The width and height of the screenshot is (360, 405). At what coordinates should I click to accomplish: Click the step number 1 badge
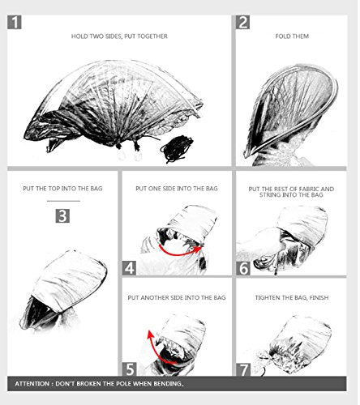pyautogui.click(x=15, y=22)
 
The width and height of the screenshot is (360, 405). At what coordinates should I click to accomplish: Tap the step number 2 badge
pyautogui.click(x=242, y=22)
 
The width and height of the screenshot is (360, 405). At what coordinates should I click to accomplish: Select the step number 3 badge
pyautogui.click(x=62, y=216)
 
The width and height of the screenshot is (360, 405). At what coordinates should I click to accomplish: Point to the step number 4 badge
pyautogui.click(x=129, y=268)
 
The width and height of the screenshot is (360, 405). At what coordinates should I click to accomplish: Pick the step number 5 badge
pyautogui.click(x=130, y=369)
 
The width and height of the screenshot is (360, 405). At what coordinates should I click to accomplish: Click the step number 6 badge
pyautogui.click(x=243, y=268)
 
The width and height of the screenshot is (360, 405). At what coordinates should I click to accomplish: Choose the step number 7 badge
pyautogui.click(x=243, y=369)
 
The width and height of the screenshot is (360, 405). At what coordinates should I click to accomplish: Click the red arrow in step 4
pyautogui.click(x=180, y=254)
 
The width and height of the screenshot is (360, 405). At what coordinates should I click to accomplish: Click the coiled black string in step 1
pyautogui.click(x=177, y=149)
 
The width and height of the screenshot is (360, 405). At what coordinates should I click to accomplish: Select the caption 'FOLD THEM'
pyautogui.click(x=292, y=36)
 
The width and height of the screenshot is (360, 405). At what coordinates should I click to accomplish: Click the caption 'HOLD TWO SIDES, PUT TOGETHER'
pyautogui.click(x=119, y=36)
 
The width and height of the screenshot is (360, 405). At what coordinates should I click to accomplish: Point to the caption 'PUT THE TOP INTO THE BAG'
pyautogui.click(x=62, y=189)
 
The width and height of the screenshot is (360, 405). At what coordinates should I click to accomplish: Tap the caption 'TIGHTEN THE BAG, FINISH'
pyautogui.click(x=292, y=297)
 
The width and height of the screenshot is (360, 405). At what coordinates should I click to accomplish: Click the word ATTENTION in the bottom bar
pyautogui.click(x=32, y=384)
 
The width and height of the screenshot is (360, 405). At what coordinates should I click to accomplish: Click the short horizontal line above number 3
pyautogui.click(x=63, y=201)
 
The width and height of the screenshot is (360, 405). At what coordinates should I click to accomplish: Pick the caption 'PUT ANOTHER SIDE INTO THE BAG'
pyautogui.click(x=177, y=297)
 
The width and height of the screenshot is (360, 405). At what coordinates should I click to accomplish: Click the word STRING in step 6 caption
pyautogui.click(x=270, y=194)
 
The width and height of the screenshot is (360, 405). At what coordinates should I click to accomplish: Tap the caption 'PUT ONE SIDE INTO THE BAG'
pyautogui.click(x=177, y=189)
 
